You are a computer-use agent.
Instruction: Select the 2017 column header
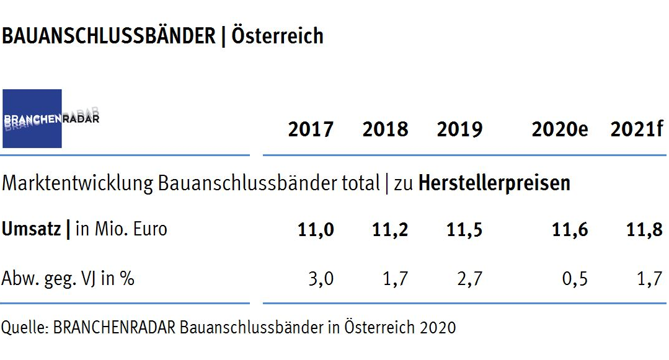pyautogui.click(x=311, y=130)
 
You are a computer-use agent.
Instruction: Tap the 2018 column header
pyautogui.click(x=385, y=130)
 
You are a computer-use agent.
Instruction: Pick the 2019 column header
pyautogui.click(x=459, y=130)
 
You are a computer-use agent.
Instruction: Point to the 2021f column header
pyautogui.click(x=637, y=130)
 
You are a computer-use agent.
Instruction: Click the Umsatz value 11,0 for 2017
pyautogui.click(x=316, y=230)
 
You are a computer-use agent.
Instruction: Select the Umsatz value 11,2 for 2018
pyautogui.click(x=390, y=230)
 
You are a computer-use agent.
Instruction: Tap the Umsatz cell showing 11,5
pyautogui.click(x=464, y=230)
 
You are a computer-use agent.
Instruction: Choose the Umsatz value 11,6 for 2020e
pyautogui.click(x=570, y=230)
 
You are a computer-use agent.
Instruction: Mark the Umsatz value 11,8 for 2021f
pyautogui.click(x=645, y=230)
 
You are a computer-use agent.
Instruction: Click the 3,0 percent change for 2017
pyautogui.click(x=321, y=279)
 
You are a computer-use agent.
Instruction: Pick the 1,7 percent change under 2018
pyautogui.click(x=395, y=279)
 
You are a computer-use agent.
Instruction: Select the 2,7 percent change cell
pyautogui.click(x=469, y=279)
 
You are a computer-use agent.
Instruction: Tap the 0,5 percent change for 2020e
pyautogui.click(x=575, y=279)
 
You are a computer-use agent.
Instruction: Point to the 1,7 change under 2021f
pyautogui.click(x=650, y=279)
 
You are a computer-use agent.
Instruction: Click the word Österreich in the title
pyautogui.click(x=277, y=36)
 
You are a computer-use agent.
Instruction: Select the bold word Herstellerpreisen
pyautogui.click(x=494, y=183)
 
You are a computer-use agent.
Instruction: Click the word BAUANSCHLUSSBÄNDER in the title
pyautogui.click(x=108, y=36)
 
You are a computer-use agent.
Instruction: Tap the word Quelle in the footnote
pyautogui.click(x=24, y=327)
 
